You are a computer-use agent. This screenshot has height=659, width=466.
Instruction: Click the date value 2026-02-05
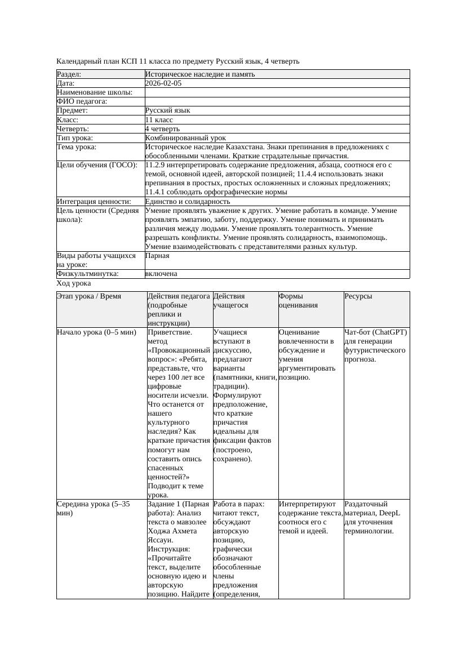tap(163, 83)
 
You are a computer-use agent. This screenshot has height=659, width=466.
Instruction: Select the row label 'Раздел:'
tap(69, 74)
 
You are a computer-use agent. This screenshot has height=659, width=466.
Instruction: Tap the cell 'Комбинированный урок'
tap(185, 138)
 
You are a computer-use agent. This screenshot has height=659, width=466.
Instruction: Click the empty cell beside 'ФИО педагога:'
tap(277, 101)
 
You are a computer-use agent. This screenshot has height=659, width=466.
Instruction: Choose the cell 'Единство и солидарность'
tap(188, 202)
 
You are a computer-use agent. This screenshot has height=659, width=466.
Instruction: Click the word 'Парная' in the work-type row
tap(157, 256)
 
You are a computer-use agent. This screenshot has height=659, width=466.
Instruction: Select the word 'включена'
tap(161, 274)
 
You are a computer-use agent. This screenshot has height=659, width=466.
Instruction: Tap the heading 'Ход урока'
tap(74, 283)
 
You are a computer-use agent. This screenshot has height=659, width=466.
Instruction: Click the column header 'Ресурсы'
tap(358, 296)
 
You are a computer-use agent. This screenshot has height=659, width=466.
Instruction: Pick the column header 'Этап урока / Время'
tap(89, 296)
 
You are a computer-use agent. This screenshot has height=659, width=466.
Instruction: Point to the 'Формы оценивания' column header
tap(299, 301)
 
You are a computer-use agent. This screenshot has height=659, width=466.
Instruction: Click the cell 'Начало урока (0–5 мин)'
tap(96, 332)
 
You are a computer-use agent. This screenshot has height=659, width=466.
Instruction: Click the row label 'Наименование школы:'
tap(95, 92)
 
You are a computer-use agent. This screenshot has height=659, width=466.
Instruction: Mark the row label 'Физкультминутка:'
tap(87, 274)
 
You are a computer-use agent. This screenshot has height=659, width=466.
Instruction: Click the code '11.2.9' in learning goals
tap(156, 166)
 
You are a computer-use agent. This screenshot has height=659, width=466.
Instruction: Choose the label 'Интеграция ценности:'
tap(94, 202)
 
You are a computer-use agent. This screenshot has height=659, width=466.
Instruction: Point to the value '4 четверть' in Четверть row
tap(162, 129)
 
